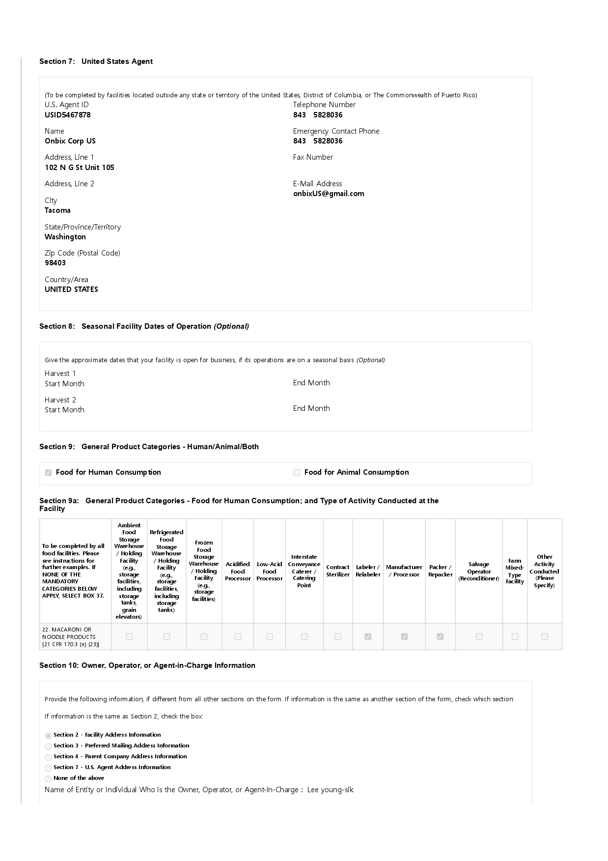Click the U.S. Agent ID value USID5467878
pyautogui.click(x=68, y=115)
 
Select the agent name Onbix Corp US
pyautogui.click(x=70, y=141)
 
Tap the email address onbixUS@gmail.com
pyautogui.click(x=329, y=194)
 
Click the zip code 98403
pyautogui.click(x=55, y=263)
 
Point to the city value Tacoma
pyautogui.click(x=57, y=210)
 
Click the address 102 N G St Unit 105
pyautogui.click(x=80, y=168)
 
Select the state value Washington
pyautogui.click(x=65, y=237)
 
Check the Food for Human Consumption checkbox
pyautogui.click(x=49, y=473)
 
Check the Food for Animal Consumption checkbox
pyautogui.click(x=297, y=473)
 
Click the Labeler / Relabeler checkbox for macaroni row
pyautogui.click(x=368, y=636)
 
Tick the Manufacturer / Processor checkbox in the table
pyautogui.click(x=404, y=636)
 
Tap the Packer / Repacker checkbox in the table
pyautogui.click(x=440, y=636)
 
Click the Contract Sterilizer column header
pyautogui.click(x=338, y=571)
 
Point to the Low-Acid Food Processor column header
pyautogui.click(x=270, y=571)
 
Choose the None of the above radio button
pyautogui.click(x=48, y=779)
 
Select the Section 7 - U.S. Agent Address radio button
pyautogui.click(x=48, y=768)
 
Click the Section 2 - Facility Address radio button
pyautogui.click(x=48, y=736)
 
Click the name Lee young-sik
pyautogui.click(x=330, y=790)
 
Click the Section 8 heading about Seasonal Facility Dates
pyautogui.click(x=144, y=326)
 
